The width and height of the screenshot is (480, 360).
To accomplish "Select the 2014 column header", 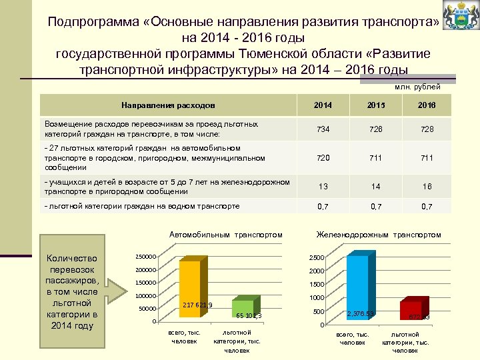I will (x=322, y=105).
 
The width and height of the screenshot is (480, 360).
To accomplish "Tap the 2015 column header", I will (x=377, y=105).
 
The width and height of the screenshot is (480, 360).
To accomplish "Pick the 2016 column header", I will (x=427, y=105).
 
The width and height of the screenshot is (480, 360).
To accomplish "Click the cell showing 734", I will (x=322, y=129).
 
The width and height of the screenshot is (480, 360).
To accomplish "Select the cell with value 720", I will (x=322, y=159).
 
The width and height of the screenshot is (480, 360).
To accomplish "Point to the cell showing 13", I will (x=322, y=187).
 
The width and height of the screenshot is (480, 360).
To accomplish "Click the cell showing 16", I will (x=427, y=187).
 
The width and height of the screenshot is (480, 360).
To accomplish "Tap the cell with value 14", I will (x=377, y=187).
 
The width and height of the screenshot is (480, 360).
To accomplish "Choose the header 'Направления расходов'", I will (x=168, y=105).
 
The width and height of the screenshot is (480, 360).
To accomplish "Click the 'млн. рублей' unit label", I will (x=417, y=87).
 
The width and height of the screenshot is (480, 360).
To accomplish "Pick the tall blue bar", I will (x=357, y=288).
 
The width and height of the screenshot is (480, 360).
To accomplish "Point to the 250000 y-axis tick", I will (x=145, y=257).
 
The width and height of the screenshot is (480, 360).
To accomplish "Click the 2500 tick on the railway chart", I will (x=316, y=258).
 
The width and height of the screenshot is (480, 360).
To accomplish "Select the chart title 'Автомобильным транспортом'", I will (x=226, y=235).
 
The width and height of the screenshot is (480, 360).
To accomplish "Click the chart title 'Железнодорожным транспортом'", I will (x=379, y=235).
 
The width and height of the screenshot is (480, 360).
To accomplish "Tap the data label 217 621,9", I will (x=197, y=305).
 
